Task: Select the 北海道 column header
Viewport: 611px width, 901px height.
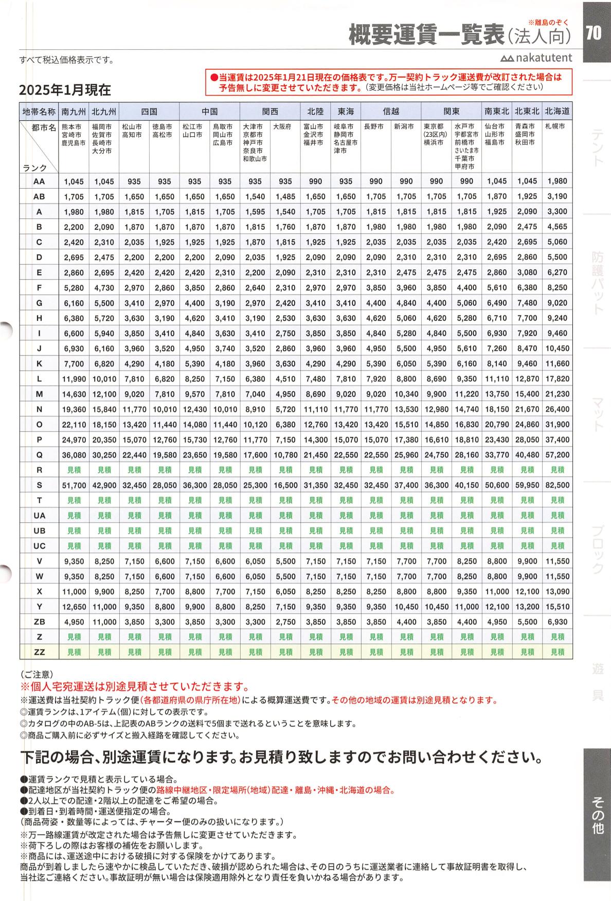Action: click(558, 112)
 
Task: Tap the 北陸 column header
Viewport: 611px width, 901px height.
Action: click(315, 112)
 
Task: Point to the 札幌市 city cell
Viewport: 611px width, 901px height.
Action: click(555, 126)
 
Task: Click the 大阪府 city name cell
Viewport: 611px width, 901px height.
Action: click(282, 126)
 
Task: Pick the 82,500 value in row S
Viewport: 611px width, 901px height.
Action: click(558, 485)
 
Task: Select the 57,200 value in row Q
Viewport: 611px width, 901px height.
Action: click(558, 455)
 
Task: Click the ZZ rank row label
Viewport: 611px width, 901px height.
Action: click(39, 652)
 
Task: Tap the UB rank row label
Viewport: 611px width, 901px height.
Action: click(39, 531)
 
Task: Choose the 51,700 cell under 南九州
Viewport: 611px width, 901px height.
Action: click(74, 485)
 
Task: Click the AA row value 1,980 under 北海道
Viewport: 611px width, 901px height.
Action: click(558, 181)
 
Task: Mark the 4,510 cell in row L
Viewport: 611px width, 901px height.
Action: click(285, 379)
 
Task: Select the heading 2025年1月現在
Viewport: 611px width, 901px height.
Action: click(65, 90)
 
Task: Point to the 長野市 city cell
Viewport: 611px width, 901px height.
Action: click(374, 126)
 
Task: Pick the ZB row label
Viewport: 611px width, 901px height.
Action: click(39, 622)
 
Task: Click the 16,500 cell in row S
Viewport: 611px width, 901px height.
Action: click(285, 485)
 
